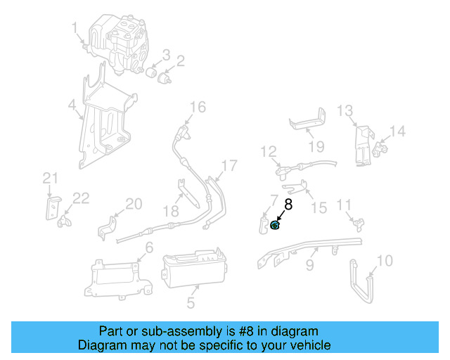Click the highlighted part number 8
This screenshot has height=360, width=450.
(288, 205)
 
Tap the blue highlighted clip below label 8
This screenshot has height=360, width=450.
(276, 225)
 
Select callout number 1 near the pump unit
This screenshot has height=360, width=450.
(75, 27)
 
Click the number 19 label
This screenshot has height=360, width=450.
(316, 146)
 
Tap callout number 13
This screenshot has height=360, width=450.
(344, 110)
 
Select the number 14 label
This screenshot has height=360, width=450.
(398, 131)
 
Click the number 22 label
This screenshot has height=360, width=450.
(82, 198)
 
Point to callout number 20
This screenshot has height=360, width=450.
(134, 204)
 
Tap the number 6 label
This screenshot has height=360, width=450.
(148, 247)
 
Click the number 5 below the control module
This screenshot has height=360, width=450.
(191, 304)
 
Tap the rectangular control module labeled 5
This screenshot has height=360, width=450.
(193, 271)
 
